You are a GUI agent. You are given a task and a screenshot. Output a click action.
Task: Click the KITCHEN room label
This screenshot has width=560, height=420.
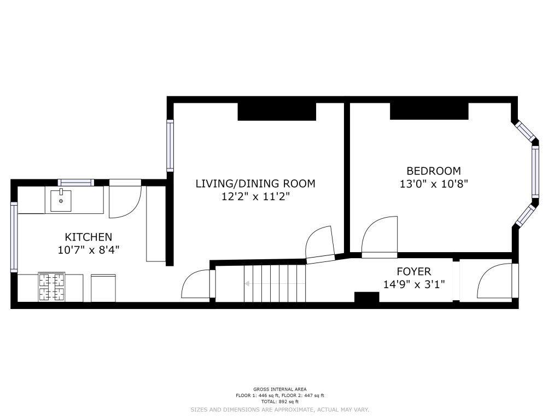pos(88,237)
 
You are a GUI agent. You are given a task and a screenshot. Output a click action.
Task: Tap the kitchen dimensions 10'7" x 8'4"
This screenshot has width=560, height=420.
pos(88,249)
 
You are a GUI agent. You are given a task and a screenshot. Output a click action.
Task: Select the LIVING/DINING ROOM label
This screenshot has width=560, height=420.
pos(255,184)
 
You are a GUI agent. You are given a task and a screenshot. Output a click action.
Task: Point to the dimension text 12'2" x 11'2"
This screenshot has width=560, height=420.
pos(255,196)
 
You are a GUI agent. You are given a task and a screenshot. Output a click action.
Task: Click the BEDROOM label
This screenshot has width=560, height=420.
pos(434,171)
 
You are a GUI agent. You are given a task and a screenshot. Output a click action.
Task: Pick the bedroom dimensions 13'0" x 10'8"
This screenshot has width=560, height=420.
pos(434,184)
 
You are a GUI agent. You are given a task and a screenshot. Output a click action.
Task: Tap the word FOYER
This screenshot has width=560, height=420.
pos(414,272)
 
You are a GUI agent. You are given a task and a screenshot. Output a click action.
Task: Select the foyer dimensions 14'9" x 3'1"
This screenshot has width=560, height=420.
pos(414,284)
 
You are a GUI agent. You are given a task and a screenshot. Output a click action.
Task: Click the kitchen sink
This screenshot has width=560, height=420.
pos(61,201)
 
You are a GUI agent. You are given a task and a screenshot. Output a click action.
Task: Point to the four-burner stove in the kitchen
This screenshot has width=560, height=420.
pos(52,287)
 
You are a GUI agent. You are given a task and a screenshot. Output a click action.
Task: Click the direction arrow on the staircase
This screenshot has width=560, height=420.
pos(275,284)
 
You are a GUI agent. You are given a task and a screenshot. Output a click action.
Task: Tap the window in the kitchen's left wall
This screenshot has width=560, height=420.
pos(14,236)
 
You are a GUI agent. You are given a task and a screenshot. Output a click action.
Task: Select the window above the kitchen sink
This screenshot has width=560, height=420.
pos(75,183)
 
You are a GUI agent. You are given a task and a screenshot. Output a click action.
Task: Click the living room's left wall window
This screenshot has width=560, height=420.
pos(170,145)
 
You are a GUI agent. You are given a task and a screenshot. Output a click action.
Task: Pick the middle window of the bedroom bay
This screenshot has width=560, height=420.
pos(535,172)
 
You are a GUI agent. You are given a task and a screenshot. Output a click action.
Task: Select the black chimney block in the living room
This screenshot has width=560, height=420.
pos(277,112)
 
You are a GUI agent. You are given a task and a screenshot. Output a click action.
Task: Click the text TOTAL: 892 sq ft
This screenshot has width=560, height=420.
pos(279,401)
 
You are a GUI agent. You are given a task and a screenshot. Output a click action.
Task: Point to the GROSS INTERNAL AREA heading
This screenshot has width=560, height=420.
pos(279,389)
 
